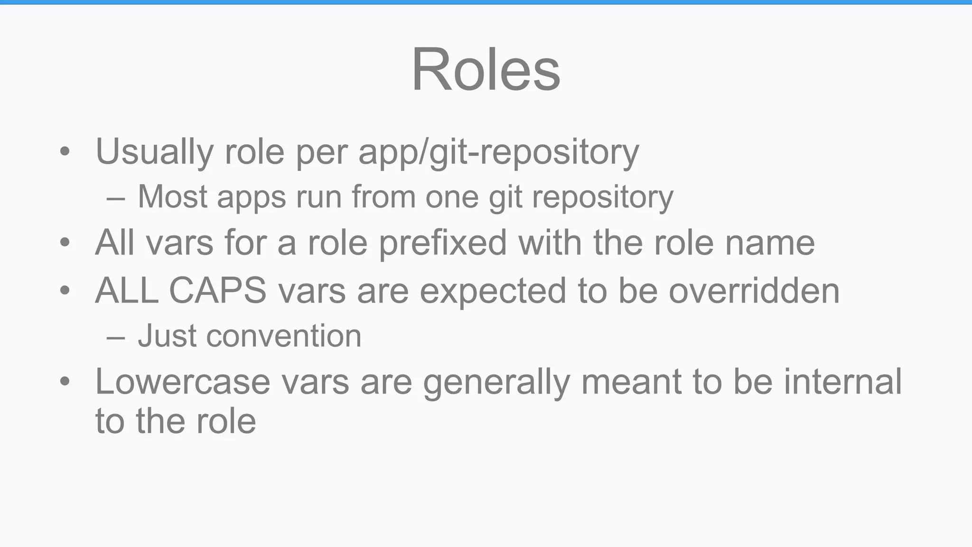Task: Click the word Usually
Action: point(154,152)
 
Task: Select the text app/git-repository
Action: point(498,152)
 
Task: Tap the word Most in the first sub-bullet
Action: point(172,197)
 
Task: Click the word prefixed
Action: point(443,243)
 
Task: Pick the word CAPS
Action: point(217,290)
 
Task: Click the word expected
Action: point(493,290)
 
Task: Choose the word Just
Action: point(167,336)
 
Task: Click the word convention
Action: point(283,336)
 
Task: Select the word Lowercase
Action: point(182,381)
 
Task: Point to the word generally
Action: point(496,381)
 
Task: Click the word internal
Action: point(842,381)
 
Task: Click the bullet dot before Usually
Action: point(65,152)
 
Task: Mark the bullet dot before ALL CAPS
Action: point(65,291)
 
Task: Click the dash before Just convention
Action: point(116,337)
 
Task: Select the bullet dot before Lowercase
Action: point(65,382)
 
